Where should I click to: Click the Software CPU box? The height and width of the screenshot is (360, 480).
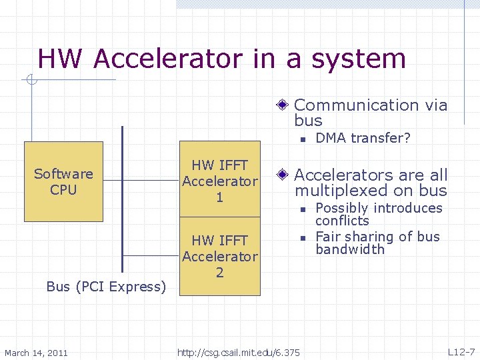pyautogui.click(x=63, y=181)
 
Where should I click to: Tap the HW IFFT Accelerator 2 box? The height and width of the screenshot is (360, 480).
pyautogui.click(x=220, y=256)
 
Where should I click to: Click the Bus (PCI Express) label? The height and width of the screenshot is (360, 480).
pyautogui.click(x=106, y=287)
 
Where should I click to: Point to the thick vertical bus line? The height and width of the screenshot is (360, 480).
pyautogui.click(x=123, y=200)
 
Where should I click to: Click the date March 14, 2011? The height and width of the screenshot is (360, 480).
pyautogui.click(x=36, y=352)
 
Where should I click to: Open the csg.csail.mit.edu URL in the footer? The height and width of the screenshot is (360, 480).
pyautogui.click(x=239, y=352)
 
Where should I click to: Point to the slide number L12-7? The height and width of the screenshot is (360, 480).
pyautogui.click(x=461, y=352)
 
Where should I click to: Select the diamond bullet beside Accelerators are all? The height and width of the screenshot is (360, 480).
pyautogui.click(x=283, y=175)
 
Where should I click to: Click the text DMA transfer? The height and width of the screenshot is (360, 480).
pyautogui.click(x=363, y=138)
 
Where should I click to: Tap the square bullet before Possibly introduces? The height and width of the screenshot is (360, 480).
pyautogui.click(x=302, y=209)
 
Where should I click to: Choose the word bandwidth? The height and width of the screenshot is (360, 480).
pyautogui.click(x=350, y=249)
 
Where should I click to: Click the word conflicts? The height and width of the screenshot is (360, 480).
pyautogui.click(x=342, y=221)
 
